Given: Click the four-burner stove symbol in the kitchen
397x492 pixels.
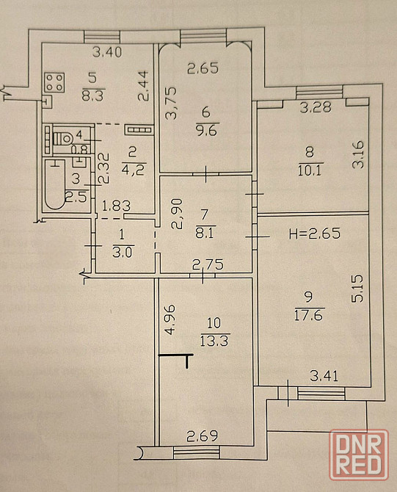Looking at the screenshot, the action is (54, 82).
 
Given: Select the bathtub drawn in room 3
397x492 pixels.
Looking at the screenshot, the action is (55, 184).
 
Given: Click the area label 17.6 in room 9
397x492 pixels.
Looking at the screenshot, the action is (308, 315).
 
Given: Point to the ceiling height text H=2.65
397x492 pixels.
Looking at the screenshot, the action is (315, 234).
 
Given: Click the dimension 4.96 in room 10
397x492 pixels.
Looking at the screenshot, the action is (170, 319).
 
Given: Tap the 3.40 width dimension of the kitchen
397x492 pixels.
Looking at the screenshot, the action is (107, 52).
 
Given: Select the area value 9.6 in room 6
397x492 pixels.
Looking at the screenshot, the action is (206, 130).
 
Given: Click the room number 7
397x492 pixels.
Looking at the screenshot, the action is (204, 214).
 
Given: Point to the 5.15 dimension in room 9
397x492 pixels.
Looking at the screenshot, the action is (357, 289).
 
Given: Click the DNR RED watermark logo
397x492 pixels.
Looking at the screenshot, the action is (359, 455).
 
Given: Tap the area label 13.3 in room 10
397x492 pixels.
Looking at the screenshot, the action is (215, 341).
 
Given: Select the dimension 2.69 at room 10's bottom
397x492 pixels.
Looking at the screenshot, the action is (203, 436).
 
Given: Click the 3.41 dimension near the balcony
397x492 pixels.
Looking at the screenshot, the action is (324, 375).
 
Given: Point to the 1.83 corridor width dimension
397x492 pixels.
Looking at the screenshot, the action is (117, 206).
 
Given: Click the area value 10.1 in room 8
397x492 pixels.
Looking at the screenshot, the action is (310, 171).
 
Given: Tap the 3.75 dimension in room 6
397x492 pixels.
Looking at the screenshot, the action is (171, 104).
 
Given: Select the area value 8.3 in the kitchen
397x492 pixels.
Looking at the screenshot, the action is (92, 95).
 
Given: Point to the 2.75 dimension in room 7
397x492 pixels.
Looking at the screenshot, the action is (208, 264).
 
